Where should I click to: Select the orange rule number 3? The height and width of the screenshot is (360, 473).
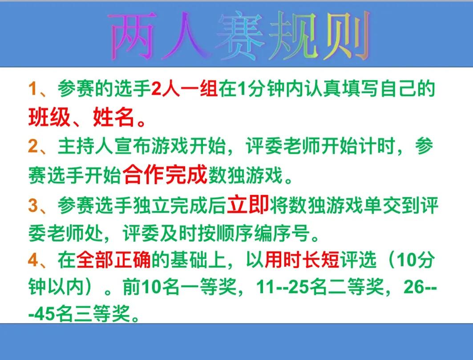pyautogui.click(x=33, y=205)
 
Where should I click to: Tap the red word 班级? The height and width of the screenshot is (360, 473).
pyautogui.click(x=49, y=117)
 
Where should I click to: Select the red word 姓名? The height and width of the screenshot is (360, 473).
pyautogui.click(x=114, y=117)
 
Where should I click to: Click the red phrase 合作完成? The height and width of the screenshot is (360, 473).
pyautogui.click(x=165, y=174)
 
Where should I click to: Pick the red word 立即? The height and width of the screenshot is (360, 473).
pyautogui.click(x=248, y=204)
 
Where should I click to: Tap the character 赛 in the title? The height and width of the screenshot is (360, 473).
pyautogui.click(x=240, y=36)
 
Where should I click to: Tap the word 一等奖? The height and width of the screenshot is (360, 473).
pyautogui.click(x=208, y=287)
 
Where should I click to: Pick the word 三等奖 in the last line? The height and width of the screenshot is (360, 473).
pyautogui.click(x=102, y=314)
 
